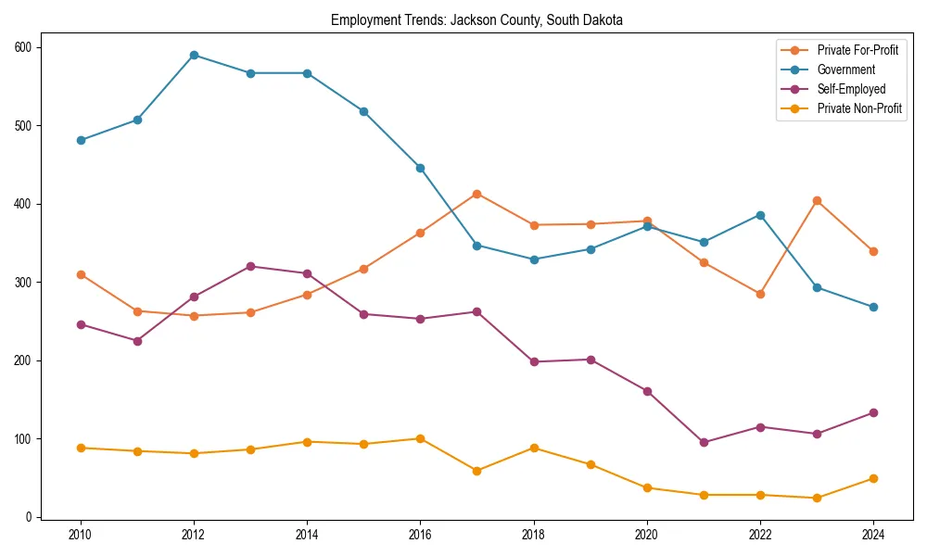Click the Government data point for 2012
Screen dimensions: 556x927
click(194, 55)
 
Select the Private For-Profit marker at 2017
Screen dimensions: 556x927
click(476, 194)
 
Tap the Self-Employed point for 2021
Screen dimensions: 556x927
click(704, 442)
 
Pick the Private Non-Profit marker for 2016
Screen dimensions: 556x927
click(420, 438)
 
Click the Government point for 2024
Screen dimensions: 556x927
click(873, 307)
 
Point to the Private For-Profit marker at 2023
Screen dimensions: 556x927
click(817, 200)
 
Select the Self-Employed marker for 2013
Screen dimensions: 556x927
click(250, 266)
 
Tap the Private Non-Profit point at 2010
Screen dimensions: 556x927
click(81, 448)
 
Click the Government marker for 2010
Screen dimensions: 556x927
click(81, 140)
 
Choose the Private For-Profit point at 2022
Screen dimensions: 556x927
click(760, 294)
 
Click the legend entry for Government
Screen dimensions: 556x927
click(845, 69)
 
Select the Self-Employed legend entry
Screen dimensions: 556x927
click(851, 89)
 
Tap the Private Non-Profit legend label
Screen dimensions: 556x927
click(859, 108)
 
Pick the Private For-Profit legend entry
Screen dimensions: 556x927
click(857, 50)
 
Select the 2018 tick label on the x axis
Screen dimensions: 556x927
click(533, 534)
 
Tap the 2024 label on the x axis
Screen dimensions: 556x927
click(873, 534)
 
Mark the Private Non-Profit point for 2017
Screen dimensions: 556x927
click(476, 471)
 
